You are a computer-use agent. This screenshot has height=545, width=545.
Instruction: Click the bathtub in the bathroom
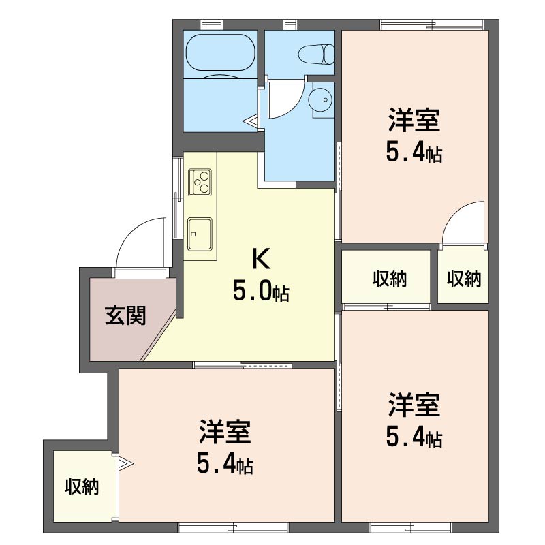click(x=221, y=53)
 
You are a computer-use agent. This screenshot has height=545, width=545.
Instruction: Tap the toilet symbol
click(x=316, y=54)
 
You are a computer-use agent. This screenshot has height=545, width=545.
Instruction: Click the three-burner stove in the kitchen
click(x=200, y=183)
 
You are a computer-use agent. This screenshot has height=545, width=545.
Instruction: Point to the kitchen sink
click(x=200, y=234)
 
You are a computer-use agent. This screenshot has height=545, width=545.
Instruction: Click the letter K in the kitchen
click(x=261, y=259)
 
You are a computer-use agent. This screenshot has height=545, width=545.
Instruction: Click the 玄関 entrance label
click(x=125, y=315)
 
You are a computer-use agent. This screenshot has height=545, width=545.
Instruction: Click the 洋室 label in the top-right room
click(x=414, y=120)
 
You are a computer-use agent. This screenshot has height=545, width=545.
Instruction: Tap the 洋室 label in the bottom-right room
click(x=414, y=405)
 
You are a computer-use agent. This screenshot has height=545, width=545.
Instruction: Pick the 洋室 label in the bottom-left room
click(x=225, y=432)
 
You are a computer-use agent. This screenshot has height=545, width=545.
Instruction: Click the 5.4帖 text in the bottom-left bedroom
click(x=225, y=465)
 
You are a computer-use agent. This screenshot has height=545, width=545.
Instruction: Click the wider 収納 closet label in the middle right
click(x=390, y=279)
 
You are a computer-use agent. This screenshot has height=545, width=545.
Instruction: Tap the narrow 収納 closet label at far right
click(x=464, y=279)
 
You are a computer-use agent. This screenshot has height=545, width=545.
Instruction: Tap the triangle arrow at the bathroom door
click(x=251, y=121)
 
